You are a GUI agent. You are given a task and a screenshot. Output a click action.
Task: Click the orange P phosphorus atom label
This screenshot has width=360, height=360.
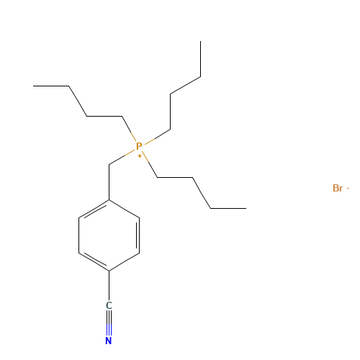tap(139, 146)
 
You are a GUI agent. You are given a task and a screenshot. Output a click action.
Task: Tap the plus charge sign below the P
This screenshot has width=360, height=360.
tap(140, 156)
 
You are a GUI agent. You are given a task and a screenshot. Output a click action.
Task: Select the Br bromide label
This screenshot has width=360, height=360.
tap(338, 189)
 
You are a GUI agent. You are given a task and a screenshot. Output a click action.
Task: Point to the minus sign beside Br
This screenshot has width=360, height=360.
tap(348, 189)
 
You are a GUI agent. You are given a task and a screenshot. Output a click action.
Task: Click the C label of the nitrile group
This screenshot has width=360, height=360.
tap(109, 305)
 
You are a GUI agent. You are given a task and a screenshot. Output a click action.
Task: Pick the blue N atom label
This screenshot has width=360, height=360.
tap(109, 341)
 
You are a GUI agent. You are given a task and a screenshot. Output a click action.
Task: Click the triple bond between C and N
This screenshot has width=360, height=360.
tap(109, 323)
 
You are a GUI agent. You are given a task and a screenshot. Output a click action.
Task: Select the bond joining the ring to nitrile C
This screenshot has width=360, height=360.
tap(109, 286)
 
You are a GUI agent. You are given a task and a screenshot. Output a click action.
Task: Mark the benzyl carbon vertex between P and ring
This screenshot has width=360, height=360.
tap(109, 165)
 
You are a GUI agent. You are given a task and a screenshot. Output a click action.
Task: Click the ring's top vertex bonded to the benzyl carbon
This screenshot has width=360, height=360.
tap(109, 199)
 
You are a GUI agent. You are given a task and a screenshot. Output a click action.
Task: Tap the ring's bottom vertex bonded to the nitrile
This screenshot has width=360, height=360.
tap(109, 271)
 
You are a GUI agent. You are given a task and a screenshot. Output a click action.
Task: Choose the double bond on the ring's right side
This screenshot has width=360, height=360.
tap(138, 235)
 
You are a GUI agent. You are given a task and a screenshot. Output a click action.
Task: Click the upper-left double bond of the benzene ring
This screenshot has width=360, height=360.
tap(94, 210)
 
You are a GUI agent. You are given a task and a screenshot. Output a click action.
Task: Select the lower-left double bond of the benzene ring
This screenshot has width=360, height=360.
tap(94, 261)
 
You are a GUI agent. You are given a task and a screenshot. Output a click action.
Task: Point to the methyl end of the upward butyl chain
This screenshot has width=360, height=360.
tap(201, 41)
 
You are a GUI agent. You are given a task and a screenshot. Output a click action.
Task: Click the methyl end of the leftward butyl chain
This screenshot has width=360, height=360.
tap(33, 86)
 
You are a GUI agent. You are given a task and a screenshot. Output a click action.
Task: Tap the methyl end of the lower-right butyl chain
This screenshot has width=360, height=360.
tap(246, 208)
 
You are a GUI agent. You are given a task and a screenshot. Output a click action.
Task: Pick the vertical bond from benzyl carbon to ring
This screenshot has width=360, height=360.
tap(109, 182)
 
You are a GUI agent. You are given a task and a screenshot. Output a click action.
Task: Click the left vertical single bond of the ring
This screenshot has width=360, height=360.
tap(79, 235)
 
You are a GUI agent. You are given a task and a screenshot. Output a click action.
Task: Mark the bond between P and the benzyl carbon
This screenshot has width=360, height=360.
tap(122, 158)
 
